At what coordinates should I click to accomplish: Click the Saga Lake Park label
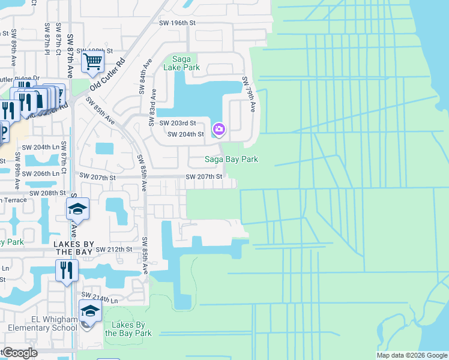click(x=185, y=63)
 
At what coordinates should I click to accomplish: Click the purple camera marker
click(x=219, y=129)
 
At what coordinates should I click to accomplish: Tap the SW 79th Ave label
click(x=249, y=94)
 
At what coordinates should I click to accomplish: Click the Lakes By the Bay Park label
click(x=128, y=329)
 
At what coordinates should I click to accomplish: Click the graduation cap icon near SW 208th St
click(x=77, y=209)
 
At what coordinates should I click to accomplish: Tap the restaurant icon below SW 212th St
click(x=67, y=270)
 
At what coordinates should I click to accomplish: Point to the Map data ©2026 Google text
click(x=411, y=355)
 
